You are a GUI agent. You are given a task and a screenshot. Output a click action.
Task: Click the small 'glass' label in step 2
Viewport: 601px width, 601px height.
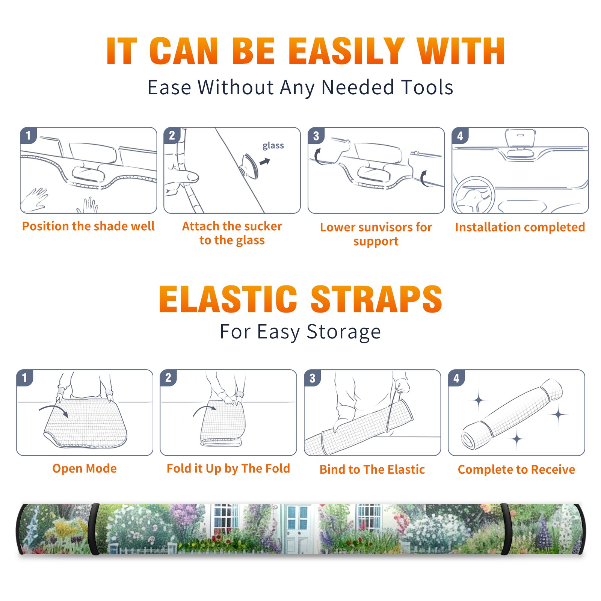point(273,146)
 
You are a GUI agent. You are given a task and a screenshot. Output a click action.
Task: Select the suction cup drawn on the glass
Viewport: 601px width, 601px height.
point(249,166)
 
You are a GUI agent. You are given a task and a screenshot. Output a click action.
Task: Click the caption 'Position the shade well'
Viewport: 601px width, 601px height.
point(88,226)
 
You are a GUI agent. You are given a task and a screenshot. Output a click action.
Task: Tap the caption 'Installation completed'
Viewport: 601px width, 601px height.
point(520,227)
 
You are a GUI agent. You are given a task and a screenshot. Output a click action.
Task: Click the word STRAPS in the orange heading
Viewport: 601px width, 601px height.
point(376,299)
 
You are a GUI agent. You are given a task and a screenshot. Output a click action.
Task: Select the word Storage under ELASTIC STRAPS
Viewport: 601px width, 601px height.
point(344,332)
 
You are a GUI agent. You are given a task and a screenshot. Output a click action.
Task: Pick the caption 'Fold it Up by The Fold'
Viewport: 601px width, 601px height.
point(228,468)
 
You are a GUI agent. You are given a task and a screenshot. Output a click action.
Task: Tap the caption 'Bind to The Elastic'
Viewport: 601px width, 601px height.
point(372,470)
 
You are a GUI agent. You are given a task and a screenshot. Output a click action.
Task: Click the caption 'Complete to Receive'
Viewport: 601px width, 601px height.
point(516,470)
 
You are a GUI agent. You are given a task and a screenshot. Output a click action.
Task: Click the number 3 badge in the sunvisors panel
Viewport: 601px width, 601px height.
point(316,136)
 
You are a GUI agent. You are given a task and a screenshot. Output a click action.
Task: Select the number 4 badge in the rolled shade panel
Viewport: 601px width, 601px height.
point(456,378)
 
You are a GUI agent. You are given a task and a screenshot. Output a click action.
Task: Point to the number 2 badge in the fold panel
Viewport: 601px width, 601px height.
point(168,378)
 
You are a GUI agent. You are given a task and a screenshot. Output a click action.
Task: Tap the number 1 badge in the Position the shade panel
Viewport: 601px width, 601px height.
point(28,135)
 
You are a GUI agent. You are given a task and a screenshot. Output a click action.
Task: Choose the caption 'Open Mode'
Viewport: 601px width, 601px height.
point(85,468)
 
